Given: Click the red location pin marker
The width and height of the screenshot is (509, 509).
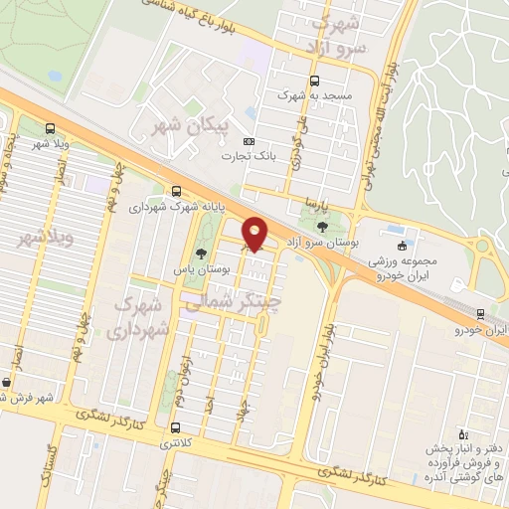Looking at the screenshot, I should pos(254,234).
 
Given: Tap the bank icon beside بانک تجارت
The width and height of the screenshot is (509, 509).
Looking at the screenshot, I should pos(249,141).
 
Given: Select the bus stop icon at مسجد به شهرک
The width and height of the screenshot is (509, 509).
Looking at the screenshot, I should pos(314,83).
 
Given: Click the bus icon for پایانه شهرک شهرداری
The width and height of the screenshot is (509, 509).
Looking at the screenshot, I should pos(176,192).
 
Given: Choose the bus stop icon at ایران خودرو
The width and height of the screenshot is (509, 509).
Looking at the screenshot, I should pos(478,312).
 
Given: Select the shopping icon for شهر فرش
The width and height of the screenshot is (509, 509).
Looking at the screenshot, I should pos(8,382).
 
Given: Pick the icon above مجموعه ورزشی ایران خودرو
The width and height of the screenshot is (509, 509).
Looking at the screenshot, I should pos(402,246).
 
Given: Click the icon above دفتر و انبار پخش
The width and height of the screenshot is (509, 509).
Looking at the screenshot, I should pos(461,433).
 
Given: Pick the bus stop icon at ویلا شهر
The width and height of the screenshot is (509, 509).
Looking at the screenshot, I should pos(50,129).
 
